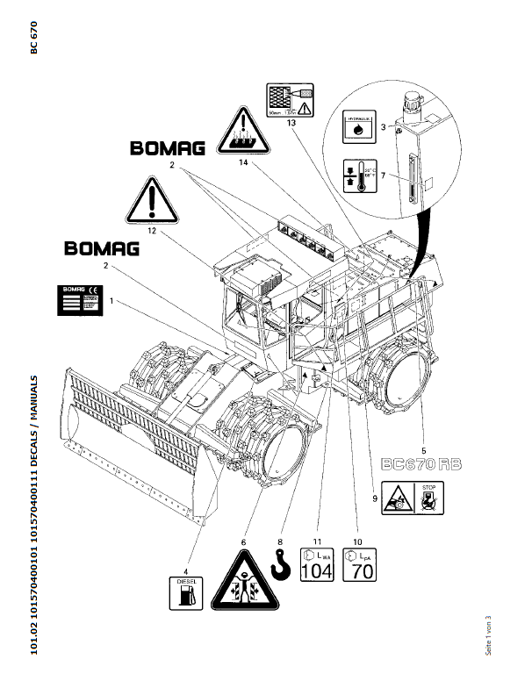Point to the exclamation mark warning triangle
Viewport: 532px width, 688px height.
153,201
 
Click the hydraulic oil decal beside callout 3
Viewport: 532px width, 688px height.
358,126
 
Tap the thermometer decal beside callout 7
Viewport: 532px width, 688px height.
358,179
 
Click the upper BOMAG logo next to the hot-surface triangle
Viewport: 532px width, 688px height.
168,148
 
